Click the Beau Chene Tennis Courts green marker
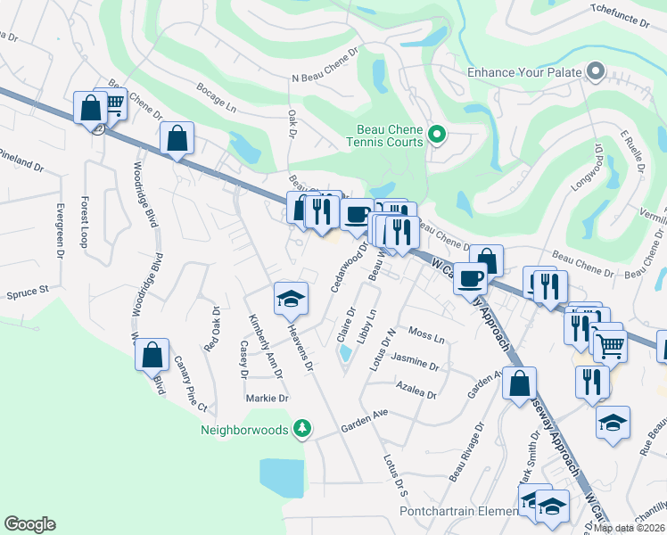coord(437,135)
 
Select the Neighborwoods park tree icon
coord(303,430)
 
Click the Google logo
coord(29,524)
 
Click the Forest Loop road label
coord(86,222)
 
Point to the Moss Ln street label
coord(426,335)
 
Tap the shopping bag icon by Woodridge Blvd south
coord(152,355)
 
